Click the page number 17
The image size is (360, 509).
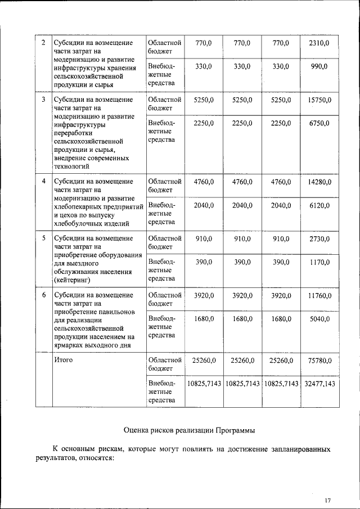tap(327, 501)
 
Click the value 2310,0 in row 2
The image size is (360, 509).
tap(319, 43)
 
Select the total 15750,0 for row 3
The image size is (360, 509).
tap(319, 100)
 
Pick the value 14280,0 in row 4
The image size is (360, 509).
tap(319, 182)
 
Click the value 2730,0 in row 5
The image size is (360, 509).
tap(319, 238)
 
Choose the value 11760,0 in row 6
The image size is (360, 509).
tap(319, 295)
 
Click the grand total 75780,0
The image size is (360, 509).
tap(319, 360)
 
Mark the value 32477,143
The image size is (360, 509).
tap(319, 384)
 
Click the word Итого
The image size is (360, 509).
tap(64, 360)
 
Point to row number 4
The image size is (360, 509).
tap(44, 182)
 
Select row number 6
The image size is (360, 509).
tap(44, 295)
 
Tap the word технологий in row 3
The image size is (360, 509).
tap(72, 166)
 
